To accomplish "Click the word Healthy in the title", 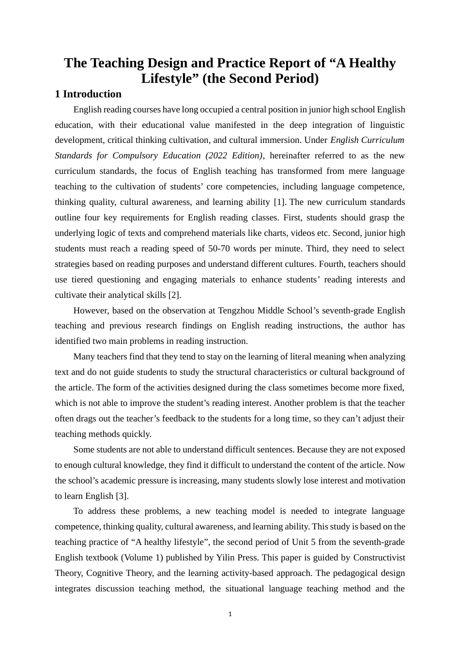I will click(x=372, y=63).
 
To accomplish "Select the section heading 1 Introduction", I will click(x=88, y=94).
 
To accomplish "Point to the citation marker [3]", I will click(x=122, y=496).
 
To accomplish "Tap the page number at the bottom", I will click(x=230, y=614).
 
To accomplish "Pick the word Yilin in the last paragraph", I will click(x=226, y=558).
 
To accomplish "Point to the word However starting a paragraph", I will click(x=91, y=310).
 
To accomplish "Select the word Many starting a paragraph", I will click(x=84, y=356).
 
